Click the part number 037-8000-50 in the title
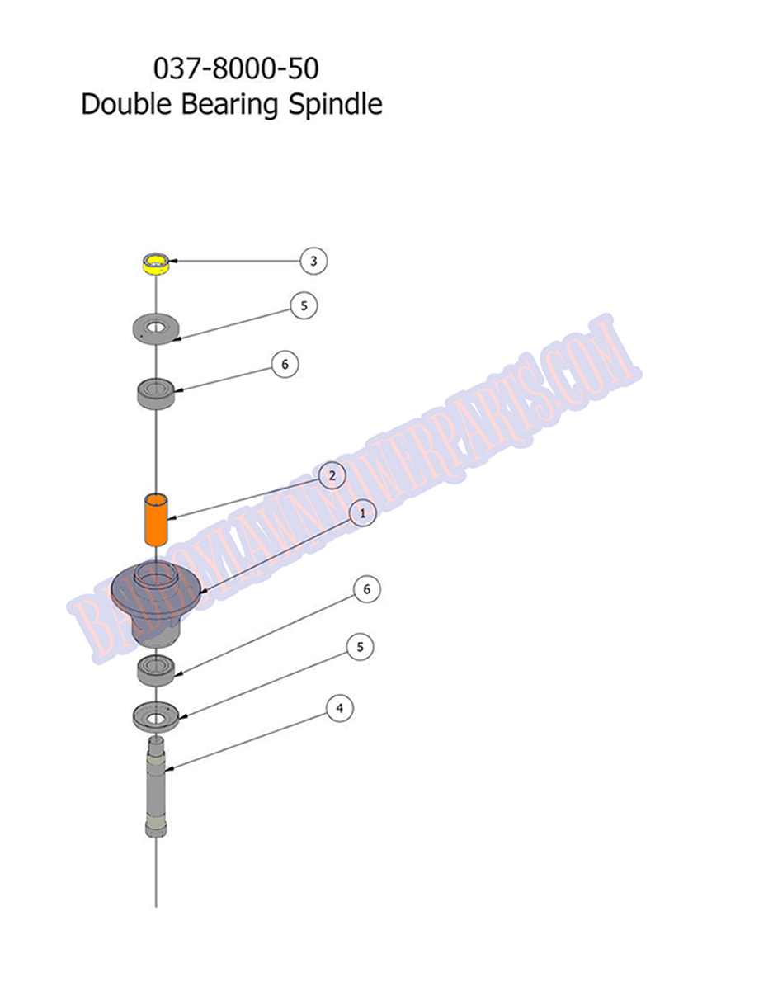point(236,68)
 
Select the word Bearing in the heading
point(229,105)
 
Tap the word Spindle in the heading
point(335,105)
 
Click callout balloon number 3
point(313,261)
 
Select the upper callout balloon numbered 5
point(304,305)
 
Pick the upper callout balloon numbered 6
point(285,364)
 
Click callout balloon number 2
point(332,475)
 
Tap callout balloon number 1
point(362,513)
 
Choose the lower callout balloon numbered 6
point(367,589)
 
